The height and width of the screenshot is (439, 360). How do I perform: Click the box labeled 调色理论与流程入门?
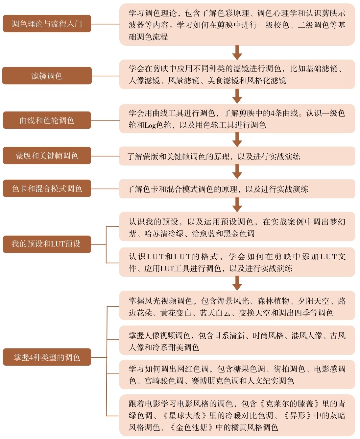pos(47,23)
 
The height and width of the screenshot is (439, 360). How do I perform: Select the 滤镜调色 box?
pos(47,76)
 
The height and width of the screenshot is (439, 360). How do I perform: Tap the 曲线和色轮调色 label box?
pos(47,120)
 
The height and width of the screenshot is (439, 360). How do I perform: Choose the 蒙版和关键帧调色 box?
pos(47,155)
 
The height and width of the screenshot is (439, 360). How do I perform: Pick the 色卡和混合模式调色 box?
pos(47,188)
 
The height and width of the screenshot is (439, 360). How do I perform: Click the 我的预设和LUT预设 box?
pos(47,244)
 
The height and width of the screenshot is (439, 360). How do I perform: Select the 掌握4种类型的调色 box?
pos(47,358)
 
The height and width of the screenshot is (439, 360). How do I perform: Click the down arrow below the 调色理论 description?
pos(237,53)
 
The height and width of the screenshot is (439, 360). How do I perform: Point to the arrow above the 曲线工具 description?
pos(237,96)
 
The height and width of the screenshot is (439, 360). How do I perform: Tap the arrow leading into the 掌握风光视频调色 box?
pos(237,283)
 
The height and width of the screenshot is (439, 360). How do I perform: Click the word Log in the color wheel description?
pos(150,125)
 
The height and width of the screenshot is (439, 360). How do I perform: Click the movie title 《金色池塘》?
pos(192,427)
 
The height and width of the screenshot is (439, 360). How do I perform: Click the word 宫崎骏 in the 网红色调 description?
pos(156,381)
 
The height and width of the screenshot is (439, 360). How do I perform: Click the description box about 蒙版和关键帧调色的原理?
pos(237,156)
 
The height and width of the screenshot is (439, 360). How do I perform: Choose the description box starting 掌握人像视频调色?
pos(237,340)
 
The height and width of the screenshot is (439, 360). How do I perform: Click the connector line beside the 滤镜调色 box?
pos(106,76)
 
